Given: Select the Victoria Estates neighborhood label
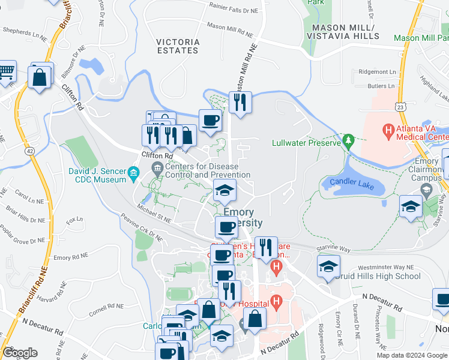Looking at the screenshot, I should tap(177, 46).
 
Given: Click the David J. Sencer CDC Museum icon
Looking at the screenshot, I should tap(133, 175).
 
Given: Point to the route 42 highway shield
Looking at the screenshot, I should tap(29, 152).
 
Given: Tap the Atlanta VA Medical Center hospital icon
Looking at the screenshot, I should tap(388, 129).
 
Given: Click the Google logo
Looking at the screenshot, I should tap(20, 353).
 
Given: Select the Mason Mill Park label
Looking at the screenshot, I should tap(421, 37).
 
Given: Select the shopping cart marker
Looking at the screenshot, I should tap(6, 71).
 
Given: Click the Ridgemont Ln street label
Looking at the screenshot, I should tap(378, 71).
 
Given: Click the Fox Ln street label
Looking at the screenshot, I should tap(74, 220).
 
